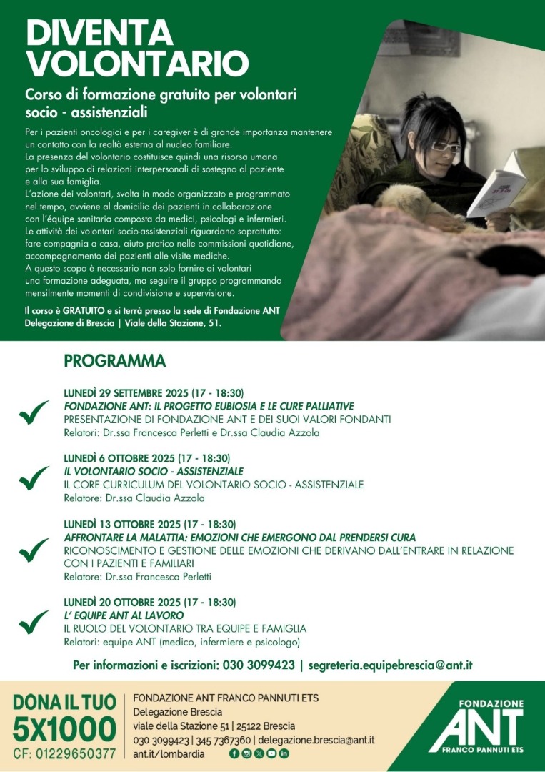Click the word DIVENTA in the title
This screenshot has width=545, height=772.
point(99,32)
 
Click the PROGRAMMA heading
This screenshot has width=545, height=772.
point(114,361)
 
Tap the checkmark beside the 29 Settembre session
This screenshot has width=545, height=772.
point(34,413)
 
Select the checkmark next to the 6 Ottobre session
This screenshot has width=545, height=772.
point(34,479)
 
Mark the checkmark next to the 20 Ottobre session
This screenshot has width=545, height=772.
point(34,622)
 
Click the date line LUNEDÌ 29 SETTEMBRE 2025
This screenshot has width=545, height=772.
point(154,393)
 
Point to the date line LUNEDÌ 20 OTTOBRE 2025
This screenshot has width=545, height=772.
point(149,603)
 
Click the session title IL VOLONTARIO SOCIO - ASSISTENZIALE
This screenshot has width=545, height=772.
point(153,472)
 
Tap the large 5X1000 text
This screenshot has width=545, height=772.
point(64,730)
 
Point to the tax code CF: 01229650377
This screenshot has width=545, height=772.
point(64,753)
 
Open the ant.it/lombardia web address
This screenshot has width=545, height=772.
point(169,753)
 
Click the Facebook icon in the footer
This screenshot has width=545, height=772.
point(234,753)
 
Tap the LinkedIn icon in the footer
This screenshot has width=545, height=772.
point(284,753)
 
